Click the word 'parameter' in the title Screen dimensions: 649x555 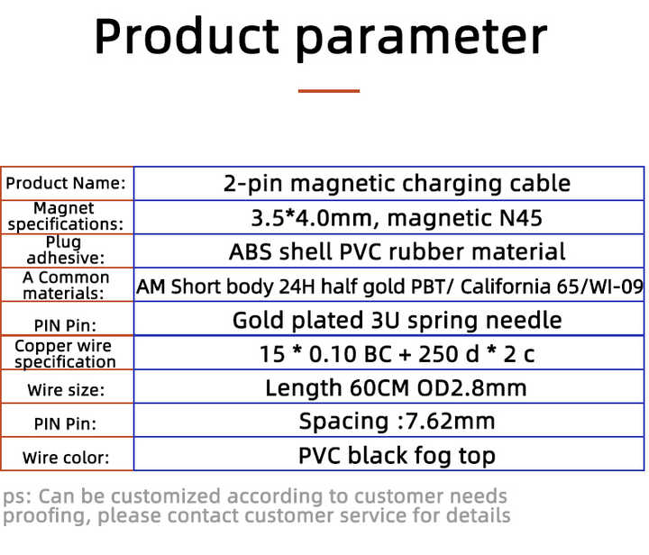pyautogui.click(x=422, y=40)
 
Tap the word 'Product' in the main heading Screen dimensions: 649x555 pyautogui.click(x=187, y=35)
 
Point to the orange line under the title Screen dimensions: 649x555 pyautogui.click(x=329, y=91)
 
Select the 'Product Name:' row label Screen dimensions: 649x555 pyautogui.click(x=66, y=183)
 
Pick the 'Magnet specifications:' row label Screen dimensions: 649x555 pyautogui.click(x=66, y=216)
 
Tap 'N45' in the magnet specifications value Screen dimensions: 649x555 pyautogui.click(x=521, y=218)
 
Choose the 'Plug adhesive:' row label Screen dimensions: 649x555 pyautogui.click(x=66, y=250)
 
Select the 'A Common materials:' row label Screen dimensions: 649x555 pyautogui.click(x=66, y=286)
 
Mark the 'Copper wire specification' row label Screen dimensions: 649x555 pyautogui.click(x=65, y=354)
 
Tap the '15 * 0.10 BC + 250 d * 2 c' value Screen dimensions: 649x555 pyautogui.click(x=397, y=354)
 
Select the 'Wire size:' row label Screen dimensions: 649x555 pyautogui.click(x=66, y=390)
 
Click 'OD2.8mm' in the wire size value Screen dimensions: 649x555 pyautogui.click(x=471, y=388)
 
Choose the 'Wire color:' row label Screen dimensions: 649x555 pyautogui.click(x=66, y=458)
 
